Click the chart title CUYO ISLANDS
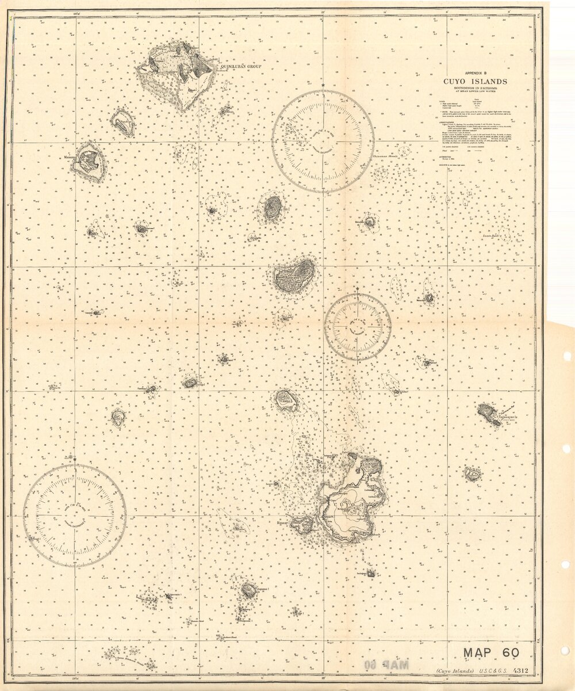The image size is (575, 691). [x=474, y=81]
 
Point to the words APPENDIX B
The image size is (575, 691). [x=474, y=73]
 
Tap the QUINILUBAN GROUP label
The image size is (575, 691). [x=240, y=67]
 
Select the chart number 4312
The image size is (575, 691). [x=521, y=670]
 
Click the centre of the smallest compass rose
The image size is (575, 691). [x=358, y=327]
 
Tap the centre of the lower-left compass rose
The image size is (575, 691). [x=75, y=516]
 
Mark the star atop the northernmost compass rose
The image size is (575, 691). [x=323, y=86]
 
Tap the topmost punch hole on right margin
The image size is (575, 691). [x=567, y=356]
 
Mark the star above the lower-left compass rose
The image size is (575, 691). [x=75, y=459]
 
